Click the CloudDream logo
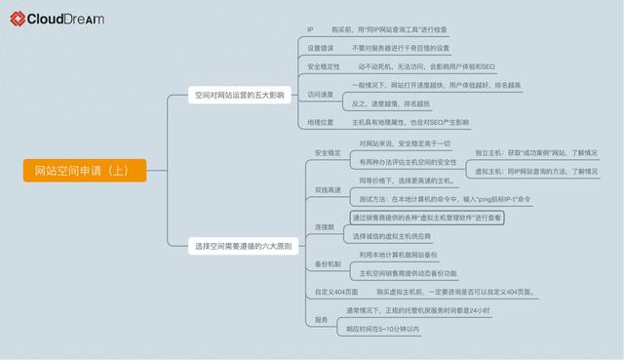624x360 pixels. point(58,18)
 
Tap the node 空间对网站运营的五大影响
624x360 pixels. point(238,96)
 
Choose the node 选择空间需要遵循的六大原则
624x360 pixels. point(240,247)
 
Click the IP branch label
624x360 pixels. point(310,30)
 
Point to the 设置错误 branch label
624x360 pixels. point(320,48)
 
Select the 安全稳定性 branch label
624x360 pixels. point(324,66)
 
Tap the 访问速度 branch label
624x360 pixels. point(321,95)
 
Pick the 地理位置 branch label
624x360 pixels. point(321,123)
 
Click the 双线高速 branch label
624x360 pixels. point(328,189)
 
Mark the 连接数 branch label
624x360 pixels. point(325,227)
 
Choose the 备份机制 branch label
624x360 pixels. point(328,264)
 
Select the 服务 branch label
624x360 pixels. point(322,320)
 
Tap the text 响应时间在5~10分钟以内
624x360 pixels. point(383,329)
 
